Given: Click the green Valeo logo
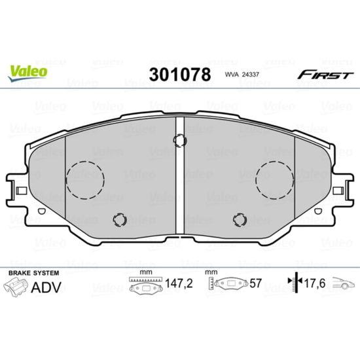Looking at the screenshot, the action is (27, 73).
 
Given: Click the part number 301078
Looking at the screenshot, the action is (180, 75).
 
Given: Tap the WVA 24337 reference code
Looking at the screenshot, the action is (242, 75).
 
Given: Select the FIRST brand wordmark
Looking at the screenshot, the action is (325, 75).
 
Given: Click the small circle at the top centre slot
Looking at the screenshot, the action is (180, 141).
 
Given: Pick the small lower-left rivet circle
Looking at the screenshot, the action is (120, 220).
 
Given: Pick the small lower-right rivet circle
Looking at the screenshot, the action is (240, 220).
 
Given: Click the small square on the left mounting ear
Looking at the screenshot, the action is (22, 190).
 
